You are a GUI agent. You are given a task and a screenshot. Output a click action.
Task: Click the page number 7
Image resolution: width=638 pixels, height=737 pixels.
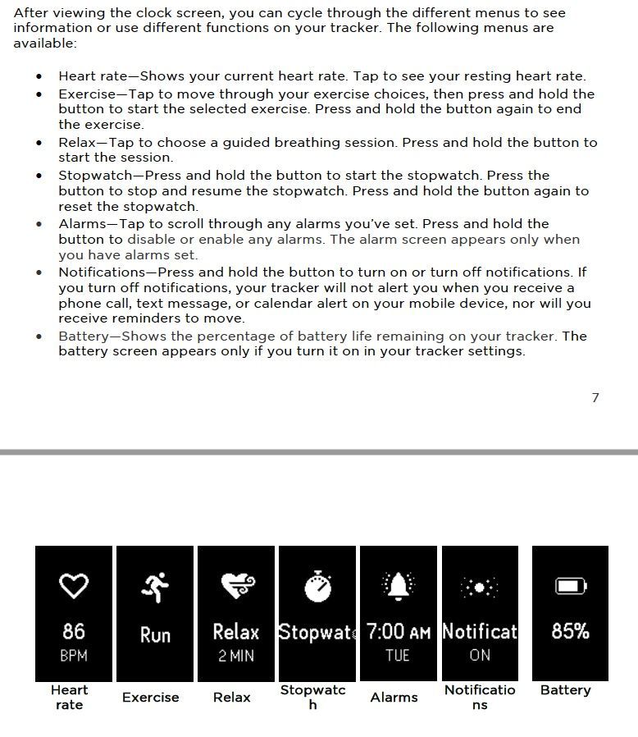[595, 398]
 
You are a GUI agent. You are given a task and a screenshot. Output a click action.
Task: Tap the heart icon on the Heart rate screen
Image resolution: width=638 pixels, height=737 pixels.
[73, 586]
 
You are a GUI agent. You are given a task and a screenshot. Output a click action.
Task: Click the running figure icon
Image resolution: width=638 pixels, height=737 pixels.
[155, 586]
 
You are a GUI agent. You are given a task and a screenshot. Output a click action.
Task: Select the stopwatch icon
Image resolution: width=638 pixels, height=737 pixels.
[317, 586]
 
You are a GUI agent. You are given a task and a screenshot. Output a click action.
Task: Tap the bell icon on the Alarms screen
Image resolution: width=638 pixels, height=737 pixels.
[399, 586]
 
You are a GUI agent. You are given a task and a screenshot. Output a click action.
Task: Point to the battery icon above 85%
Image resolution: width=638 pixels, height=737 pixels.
[571, 586]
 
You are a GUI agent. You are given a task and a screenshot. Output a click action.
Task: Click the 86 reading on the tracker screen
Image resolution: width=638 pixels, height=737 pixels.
[73, 630]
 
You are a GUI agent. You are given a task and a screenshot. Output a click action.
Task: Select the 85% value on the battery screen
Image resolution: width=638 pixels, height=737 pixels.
[571, 630]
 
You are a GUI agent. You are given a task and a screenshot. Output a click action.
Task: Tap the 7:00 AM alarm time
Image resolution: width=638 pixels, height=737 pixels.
[399, 631]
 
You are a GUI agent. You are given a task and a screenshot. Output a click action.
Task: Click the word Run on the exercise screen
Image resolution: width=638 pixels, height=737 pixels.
[155, 634]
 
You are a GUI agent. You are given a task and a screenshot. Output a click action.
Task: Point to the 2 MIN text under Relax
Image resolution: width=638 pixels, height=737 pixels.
[236, 656]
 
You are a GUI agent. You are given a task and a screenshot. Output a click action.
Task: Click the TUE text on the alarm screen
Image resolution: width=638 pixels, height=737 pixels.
[399, 656]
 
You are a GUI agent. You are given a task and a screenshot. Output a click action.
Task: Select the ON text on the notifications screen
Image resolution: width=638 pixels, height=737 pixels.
[480, 656]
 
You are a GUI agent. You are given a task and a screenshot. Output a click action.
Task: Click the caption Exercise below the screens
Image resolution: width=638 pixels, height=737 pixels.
[150, 697]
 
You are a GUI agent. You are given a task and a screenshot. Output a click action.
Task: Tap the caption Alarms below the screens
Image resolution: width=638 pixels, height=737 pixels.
[394, 697]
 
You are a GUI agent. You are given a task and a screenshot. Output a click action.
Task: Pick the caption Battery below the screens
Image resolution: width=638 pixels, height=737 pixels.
[565, 690]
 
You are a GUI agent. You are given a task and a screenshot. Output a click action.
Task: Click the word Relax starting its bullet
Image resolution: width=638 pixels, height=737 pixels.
[76, 143]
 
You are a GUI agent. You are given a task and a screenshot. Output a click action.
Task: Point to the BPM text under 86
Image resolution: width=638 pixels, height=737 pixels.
[73, 656]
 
